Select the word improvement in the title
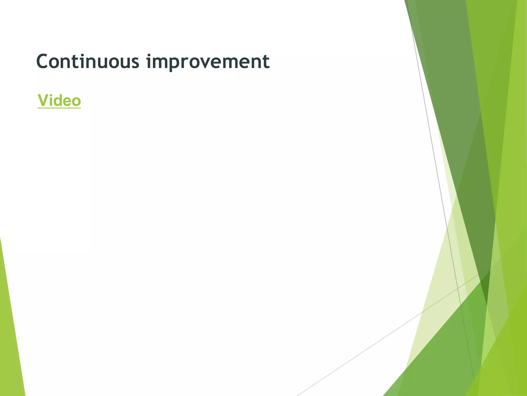[208, 62]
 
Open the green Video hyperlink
[59, 101]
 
